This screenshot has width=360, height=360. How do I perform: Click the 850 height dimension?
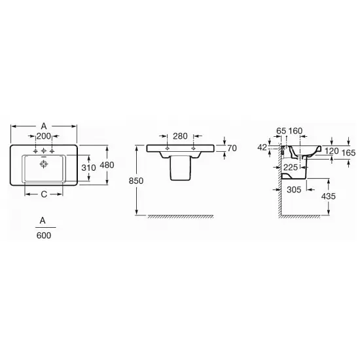pyautogui.click(x=136, y=181)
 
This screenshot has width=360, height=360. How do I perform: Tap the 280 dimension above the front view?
pyautogui.click(x=180, y=136)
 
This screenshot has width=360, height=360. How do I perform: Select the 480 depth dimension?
pyautogui.click(x=107, y=165)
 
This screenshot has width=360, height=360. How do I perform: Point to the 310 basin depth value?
pyautogui.click(x=88, y=168)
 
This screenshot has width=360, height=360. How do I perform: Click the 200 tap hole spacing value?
pyautogui.click(x=44, y=136)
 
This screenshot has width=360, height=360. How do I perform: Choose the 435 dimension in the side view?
pyautogui.click(x=329, y=196)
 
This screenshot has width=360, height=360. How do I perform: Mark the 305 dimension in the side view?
pyautogui.click(x=294, y=190)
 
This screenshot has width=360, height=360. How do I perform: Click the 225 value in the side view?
pyautogui.click(x=290, y=168)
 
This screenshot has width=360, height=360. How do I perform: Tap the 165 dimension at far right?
pyautogui.click(x=348, y=153)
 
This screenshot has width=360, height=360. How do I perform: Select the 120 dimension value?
pyautogui.click(x=332, y=151)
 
